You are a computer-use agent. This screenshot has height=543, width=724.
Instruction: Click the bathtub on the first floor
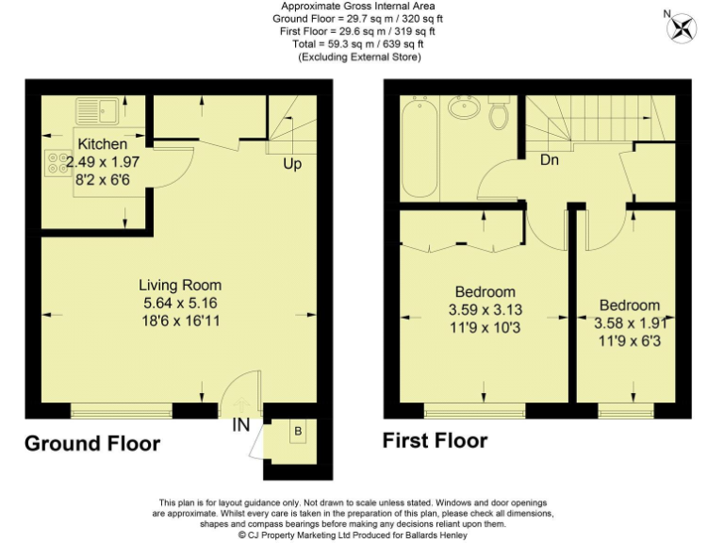pyautogui.click(x=416, y=148)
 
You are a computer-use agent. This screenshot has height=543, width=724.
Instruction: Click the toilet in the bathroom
pyautogui.click(x=500, y=115)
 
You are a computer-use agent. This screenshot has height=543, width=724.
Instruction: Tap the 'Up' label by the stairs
pyautogui.click(x=292, y=164)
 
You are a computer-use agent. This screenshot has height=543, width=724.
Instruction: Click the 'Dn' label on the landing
pyautogui.click(x=551, y=160)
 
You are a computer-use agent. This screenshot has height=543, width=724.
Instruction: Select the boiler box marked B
pyautogui.click(x=298, y=433)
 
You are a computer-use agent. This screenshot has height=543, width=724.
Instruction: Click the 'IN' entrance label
pyautogui.click(x=241, y=425)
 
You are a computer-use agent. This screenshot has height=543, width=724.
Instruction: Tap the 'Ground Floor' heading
pyautogui.click(x=91, y=443)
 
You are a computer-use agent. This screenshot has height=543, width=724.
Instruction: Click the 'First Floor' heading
pyautogui.click(x=435, y=440)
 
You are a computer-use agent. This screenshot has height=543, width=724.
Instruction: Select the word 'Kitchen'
pyautogui.click(x=102, y=144)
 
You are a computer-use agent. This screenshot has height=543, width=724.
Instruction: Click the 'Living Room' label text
pyautogui.click(x=180, y=285)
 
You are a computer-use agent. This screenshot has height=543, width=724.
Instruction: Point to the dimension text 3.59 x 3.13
pyautogui.click(x=485, y=308)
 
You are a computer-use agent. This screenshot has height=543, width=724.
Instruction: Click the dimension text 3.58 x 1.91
pyautogui.click(x=630, y=322)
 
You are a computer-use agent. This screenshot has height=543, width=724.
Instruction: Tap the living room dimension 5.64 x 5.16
pyautogui.click(x=180, y=303)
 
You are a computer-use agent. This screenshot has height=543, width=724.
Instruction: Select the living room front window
pyautogui.click(x=121, y=410)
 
